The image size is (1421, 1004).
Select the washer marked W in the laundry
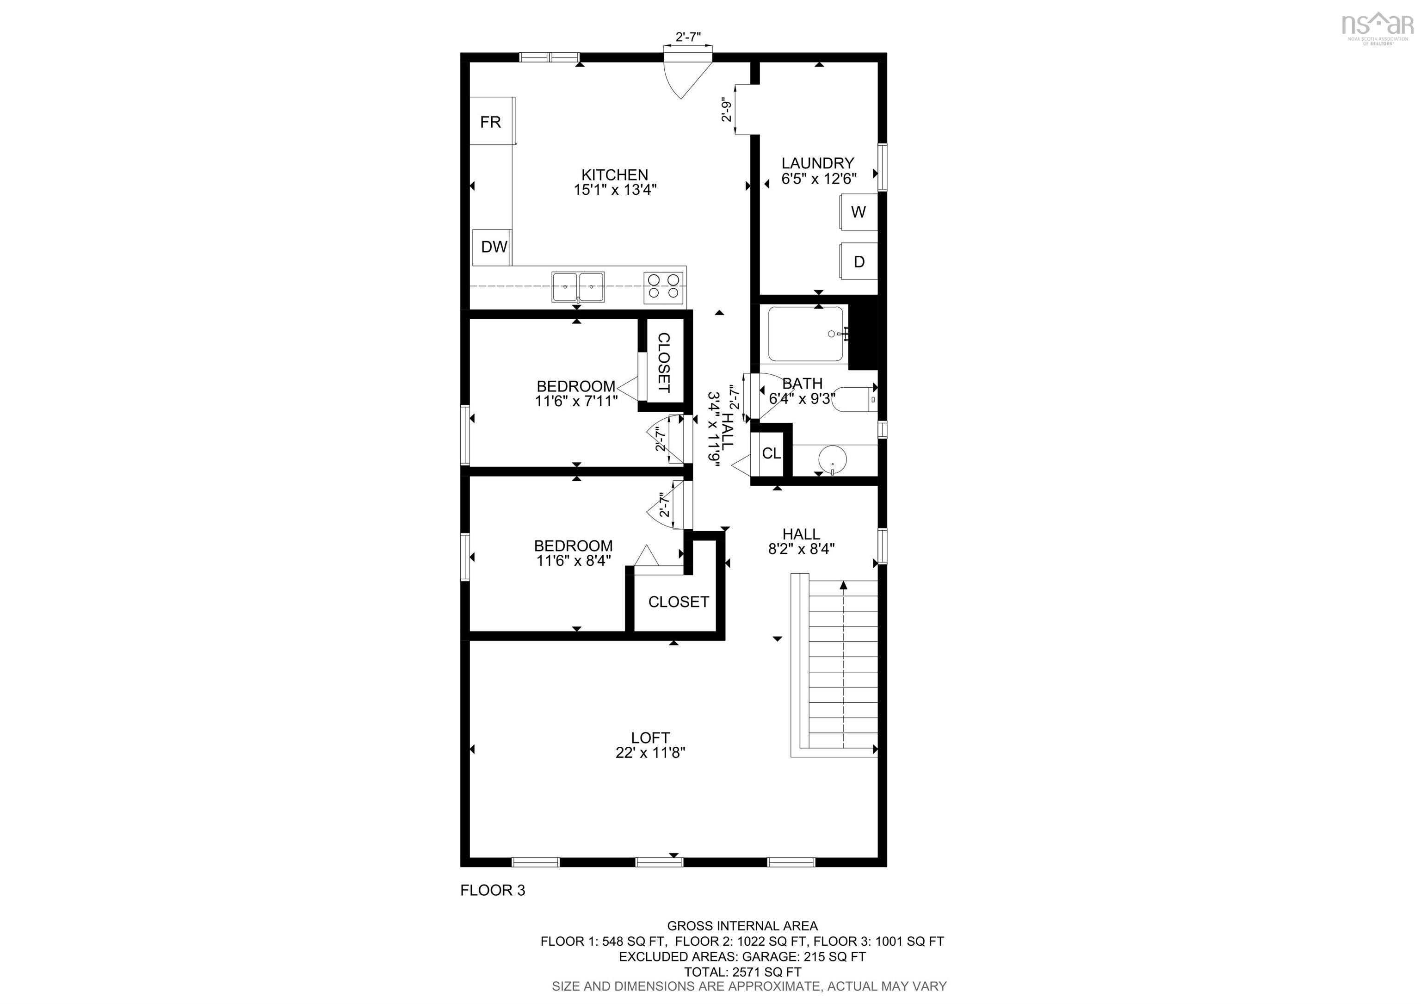pos(858,212)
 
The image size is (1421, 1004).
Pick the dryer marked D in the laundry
pos(859,262)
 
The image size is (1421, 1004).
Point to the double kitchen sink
pos(578,287)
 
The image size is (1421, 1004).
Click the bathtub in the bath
pos(805,334)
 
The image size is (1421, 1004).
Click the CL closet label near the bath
pos(771,454)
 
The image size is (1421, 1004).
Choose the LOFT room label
pos(650,738)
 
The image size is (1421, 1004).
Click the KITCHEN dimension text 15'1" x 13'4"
pos(615,189)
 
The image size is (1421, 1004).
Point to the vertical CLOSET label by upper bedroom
pos(663,363)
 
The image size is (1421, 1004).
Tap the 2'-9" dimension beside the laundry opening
pos(727,110)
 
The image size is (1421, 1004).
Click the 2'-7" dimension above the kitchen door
pos(687,37)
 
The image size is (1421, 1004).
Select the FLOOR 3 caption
pos(493,890)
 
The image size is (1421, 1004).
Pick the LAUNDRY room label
pos(817,163)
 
